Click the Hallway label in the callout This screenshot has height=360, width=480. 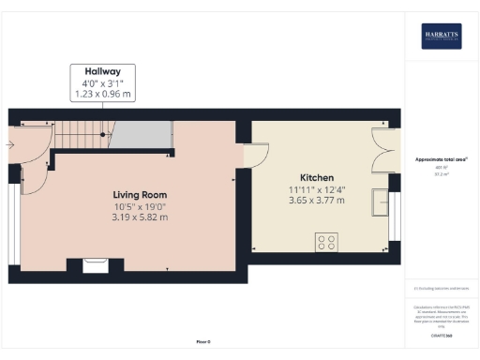point(103,70)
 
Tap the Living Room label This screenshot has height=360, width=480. point(141,194)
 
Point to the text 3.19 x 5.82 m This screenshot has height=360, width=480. point(141,217)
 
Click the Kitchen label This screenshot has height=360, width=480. point(317,177)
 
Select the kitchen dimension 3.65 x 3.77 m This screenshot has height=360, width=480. point(317,200)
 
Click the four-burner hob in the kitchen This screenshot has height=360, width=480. point(327,242)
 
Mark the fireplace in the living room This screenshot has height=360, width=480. point(96,264)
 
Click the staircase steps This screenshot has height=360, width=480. point(82,138)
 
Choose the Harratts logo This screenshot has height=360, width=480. point(441,36)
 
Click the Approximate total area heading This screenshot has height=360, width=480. point(441,159)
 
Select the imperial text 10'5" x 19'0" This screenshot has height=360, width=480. point(141,206)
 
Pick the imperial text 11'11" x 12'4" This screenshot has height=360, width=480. point(317,188)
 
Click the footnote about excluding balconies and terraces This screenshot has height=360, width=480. point(441,288)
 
